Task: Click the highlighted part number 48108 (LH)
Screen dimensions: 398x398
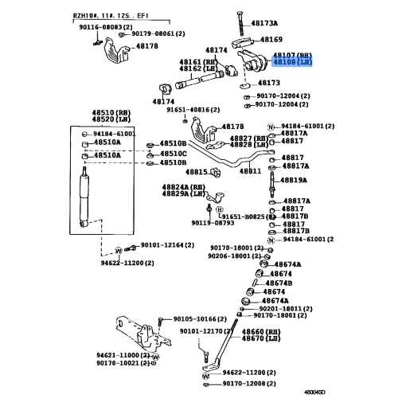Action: [291, 62]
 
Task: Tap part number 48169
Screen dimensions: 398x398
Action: [271, 39]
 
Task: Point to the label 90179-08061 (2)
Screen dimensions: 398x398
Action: [158, 33]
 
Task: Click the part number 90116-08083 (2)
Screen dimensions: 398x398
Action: [102, 27]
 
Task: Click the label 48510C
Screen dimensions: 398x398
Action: [173, 153]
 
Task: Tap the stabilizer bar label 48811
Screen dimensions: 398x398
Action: [251, 171]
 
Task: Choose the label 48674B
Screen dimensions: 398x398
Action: [278, 283]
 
